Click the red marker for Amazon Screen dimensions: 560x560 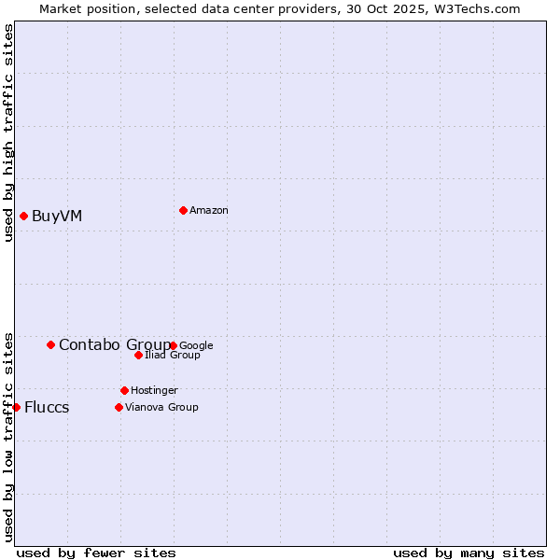pyautogui.click(x=183, y=210)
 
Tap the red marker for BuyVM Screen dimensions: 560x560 pyautogui.click(x=23, y=217)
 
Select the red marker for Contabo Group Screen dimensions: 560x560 pyautogui.click(x=50, y=344)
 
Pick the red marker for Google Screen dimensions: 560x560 pyautogui.click(x=174, y=345)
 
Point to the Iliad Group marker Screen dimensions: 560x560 pyautogui.click(x=138, y=355)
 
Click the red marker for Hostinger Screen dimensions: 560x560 pyautogui.click(x=124, y=390)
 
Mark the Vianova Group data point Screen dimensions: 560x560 pyautogui.click(x=119, y=407)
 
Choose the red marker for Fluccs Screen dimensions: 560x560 pyautogui.click(x=16, y=407)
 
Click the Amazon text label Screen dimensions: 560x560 pyautogui.click(x=209, y=210)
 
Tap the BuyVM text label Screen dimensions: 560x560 pyautogui.click(x=57, y=217)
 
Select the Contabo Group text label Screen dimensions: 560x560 pyautogui.click(x=114, y=344)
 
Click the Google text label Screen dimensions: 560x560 pyautogui.click(x=196, y=345)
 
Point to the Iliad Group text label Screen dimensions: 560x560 pyautogui.click(x=173, y=355)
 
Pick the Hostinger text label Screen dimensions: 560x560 pyautogui.click(x=154, y=390)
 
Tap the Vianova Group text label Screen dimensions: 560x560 pyautogui.click(x=161, y=407)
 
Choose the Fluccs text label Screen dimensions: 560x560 pyautogui.click(x=47, y=407)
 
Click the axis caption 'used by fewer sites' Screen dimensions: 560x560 pyautogui.click(x=96, y=553)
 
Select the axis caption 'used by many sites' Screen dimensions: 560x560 pyautogui.click(x=469, y=553)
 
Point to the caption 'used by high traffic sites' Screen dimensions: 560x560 pyautogui.click(x=8, y=133)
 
